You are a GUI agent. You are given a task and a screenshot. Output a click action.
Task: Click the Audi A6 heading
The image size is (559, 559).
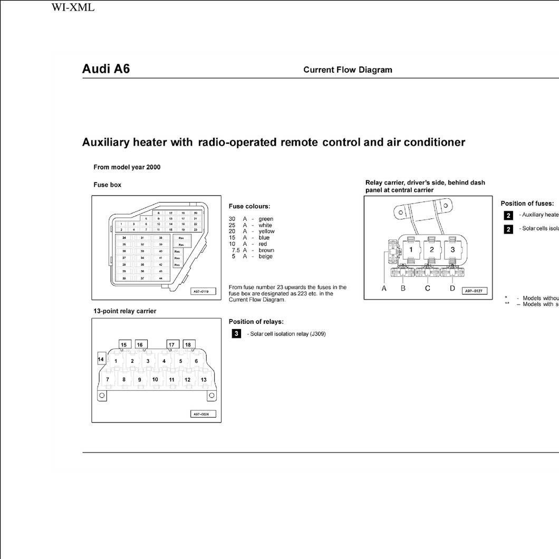click(106, 69)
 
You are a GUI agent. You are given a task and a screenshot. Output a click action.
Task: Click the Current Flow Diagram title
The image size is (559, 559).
click(348, 70)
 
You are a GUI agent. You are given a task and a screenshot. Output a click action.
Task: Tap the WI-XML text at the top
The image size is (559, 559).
click(73, 7)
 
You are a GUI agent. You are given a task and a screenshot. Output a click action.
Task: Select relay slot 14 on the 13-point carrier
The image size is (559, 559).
click(101, 359)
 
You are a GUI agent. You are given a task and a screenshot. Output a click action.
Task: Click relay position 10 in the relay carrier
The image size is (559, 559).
click(155, 379)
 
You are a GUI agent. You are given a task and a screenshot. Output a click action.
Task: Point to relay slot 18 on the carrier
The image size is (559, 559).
click(188, 344)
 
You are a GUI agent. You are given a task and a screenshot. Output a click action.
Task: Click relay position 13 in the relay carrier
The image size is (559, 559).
click(204, 379)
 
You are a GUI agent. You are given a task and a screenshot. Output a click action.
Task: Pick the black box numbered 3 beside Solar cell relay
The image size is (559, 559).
click(237, 334)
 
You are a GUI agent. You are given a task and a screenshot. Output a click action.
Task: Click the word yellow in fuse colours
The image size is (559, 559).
click(266, 232)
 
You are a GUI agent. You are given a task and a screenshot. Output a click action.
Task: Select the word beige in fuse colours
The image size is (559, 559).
click(266, 256)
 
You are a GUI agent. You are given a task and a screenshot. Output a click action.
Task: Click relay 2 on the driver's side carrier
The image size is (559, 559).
click(432, 249)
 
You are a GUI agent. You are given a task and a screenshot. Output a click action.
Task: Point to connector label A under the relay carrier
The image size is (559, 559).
click(384, 288)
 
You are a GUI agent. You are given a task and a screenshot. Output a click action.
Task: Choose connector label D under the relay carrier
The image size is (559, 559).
click(452, 288)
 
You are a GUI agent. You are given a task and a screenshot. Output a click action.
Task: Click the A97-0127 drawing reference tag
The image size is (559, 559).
click(475, 291)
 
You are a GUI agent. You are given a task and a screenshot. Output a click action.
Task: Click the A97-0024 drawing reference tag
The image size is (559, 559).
click(203, 415)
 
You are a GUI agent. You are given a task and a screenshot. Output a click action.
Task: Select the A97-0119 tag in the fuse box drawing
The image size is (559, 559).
click(203, 291)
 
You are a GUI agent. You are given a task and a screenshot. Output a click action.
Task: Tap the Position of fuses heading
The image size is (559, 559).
click(527, 204)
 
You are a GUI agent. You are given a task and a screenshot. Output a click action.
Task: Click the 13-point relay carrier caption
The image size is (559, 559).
click(125, 311)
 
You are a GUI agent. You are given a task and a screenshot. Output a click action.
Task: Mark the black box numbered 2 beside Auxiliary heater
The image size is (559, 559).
click(508, 215)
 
